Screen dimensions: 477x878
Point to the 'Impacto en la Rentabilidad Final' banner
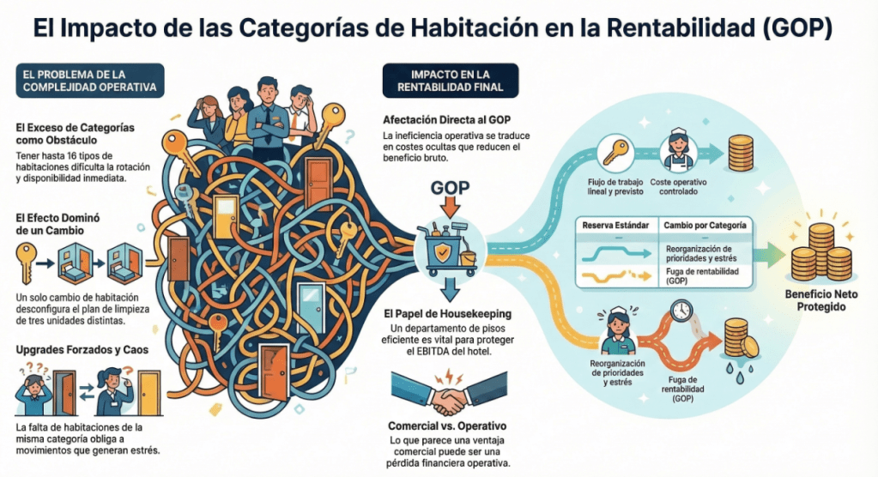click(x=451, y=80)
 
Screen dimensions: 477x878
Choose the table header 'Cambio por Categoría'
click(x=704, y=226)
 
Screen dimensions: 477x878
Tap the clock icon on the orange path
click(x=681, y=310)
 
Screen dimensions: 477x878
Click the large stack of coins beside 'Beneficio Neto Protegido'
click(x=815, y=254)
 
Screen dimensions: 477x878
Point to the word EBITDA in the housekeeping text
click(x=430, y=353)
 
